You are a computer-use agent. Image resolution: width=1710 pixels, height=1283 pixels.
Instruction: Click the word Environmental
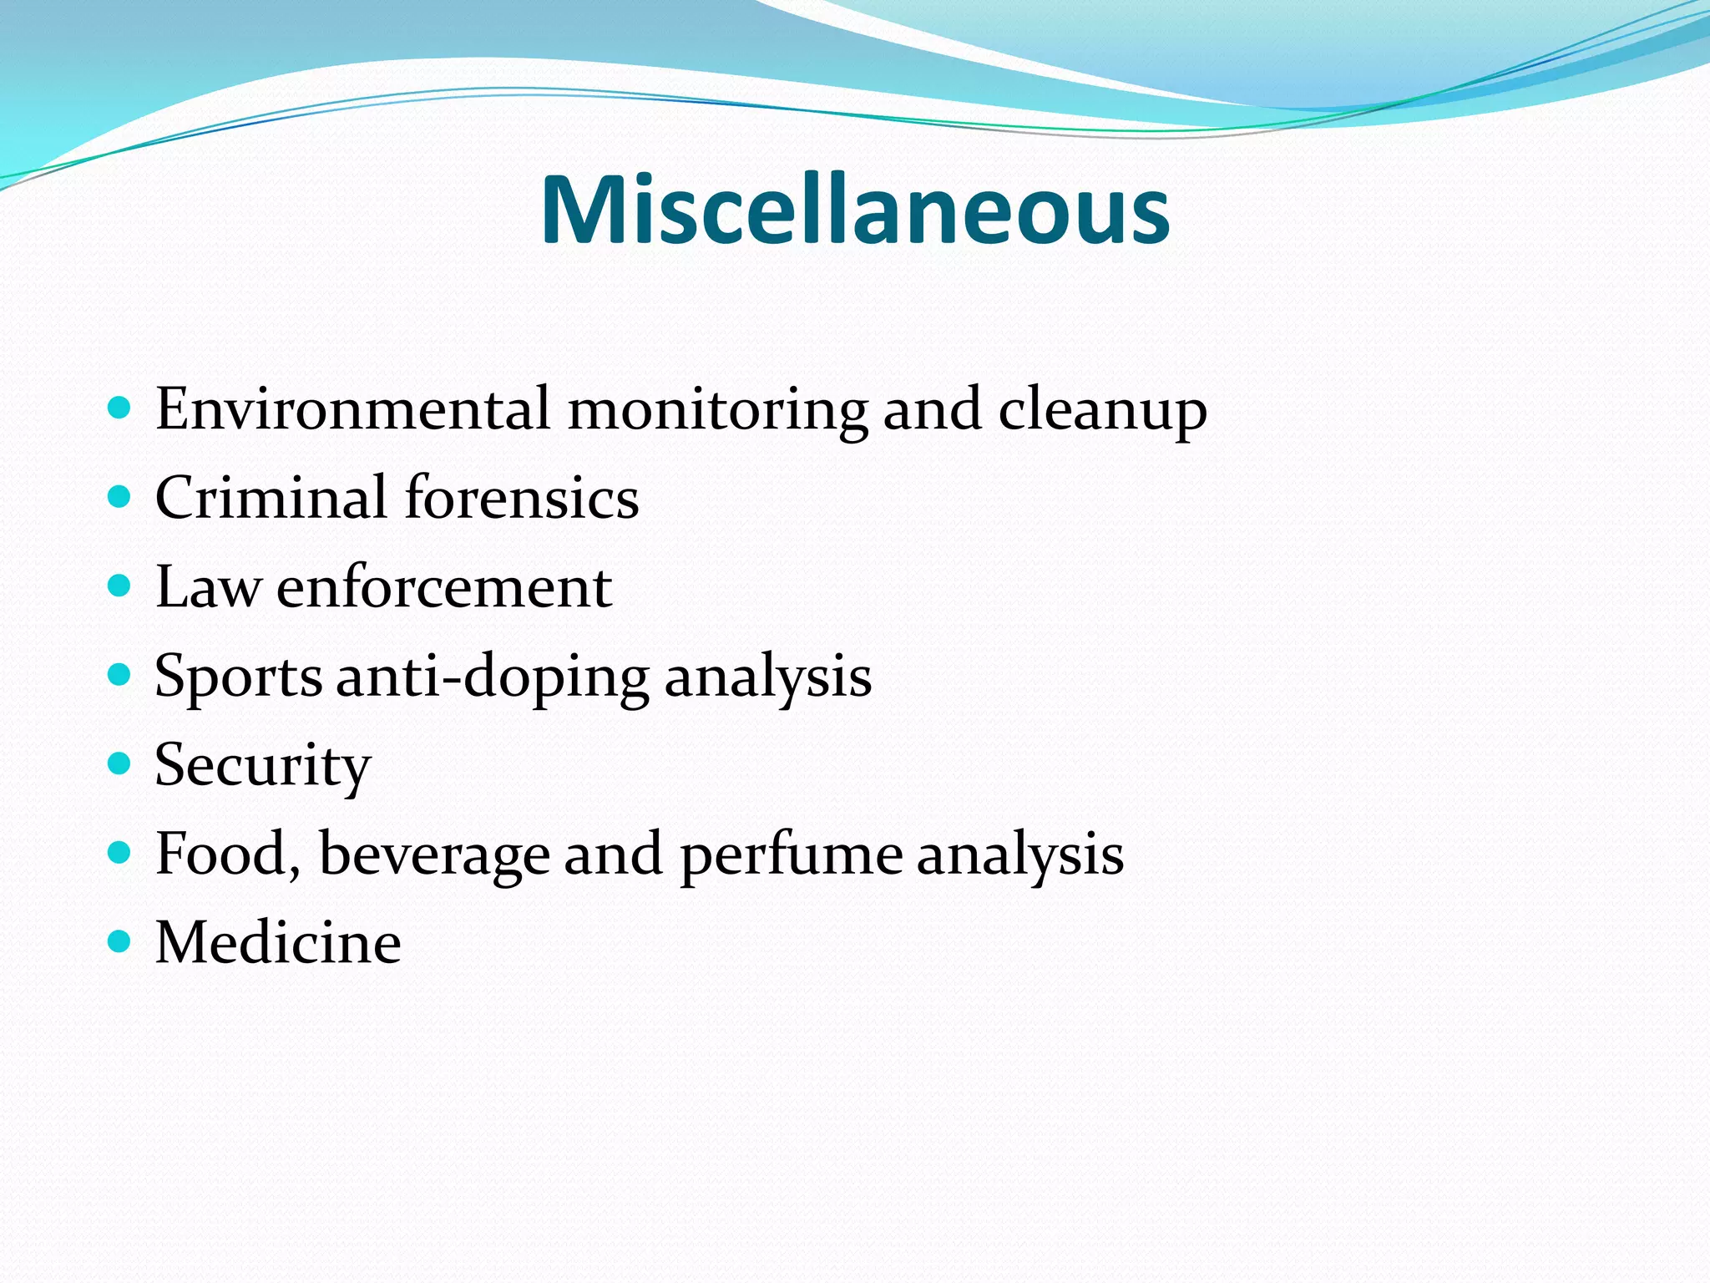pos(352,409)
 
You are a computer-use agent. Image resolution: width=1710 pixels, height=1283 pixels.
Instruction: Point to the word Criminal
pos(270,498)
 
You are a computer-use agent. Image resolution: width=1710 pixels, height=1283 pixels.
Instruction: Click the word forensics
pos(522,498)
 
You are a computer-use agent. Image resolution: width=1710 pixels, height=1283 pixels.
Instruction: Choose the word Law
pos(207,587)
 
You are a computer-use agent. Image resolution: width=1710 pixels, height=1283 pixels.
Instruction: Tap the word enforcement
pos(443,587)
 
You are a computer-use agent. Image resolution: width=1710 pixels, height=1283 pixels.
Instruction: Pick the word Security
pos(262,765)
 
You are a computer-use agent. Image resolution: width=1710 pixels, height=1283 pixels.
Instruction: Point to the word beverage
pos(433,854)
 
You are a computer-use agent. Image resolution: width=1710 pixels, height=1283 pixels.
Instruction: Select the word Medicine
pos(277,943)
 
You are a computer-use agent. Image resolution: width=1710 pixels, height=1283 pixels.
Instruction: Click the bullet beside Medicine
pos(120,942)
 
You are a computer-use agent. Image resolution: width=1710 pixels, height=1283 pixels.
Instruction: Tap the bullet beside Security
pos(120,763)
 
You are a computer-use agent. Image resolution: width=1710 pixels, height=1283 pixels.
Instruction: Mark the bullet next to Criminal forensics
pos(120,497)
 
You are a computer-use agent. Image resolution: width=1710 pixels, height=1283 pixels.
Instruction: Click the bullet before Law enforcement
pos(120,586)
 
